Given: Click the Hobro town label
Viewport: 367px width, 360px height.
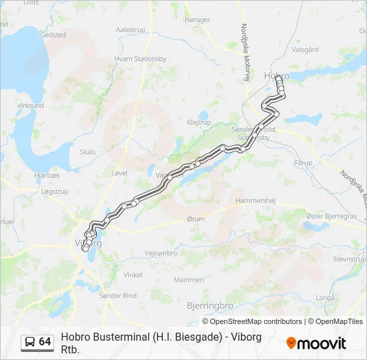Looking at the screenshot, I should (x=276, y=75).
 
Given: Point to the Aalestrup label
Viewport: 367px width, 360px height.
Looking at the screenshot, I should (x=131, y=30).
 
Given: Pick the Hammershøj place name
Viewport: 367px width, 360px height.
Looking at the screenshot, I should (x=256, y=200).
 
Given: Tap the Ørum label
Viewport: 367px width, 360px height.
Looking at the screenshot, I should (x=196, y=219).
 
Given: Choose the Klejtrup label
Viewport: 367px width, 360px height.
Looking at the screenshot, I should (x=199, y=123).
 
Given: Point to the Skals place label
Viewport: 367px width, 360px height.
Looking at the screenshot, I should (x=87, y=152).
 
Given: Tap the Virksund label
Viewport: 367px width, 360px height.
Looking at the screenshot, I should (x=30, y=105).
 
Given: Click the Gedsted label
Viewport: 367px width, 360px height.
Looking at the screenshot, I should (x=53, y=35).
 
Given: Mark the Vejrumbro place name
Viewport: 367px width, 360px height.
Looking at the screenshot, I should (x=161, y=253).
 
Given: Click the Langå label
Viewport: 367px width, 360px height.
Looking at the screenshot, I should (x=325, y=279).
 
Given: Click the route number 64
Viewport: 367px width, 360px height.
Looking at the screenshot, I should (x=45, y=342).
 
